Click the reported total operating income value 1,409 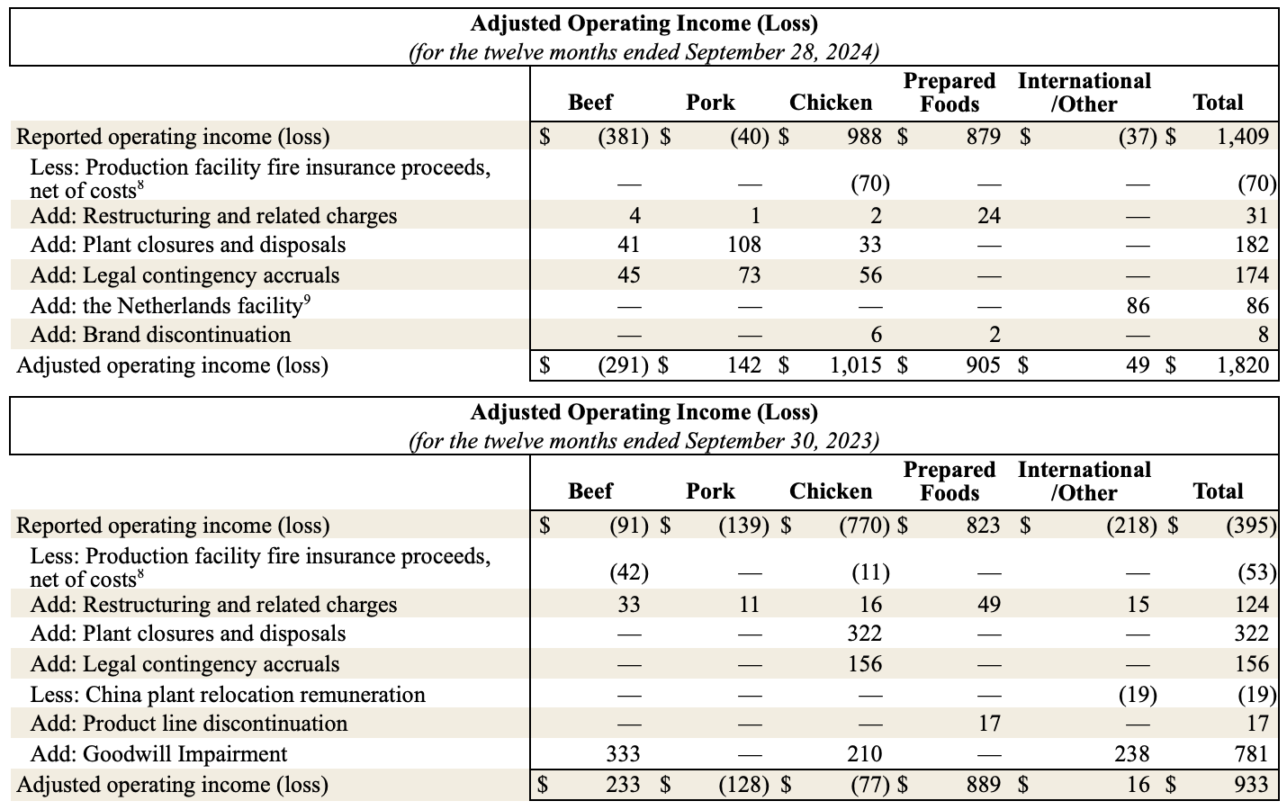[x=1242, y=137]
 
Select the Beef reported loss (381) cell [x=623, y=137]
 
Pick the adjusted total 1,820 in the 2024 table [x=1242, y=365]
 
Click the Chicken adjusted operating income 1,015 [x=855, y=365]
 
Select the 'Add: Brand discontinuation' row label [x=160, y=335]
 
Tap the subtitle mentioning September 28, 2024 [x=643, y=52]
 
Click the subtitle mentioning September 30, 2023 [x=643, y=441]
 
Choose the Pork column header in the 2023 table [x=710, y=491]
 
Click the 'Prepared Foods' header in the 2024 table [x=949, y=93]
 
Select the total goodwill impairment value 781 [x=1251, y=754]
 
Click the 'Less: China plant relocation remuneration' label [x=228, y=695]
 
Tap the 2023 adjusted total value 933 [x=1252, y=785]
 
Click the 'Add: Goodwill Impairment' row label [x=158, y=754]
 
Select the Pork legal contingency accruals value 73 [x=749, y=275]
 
